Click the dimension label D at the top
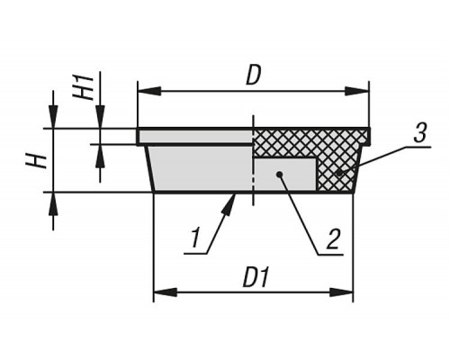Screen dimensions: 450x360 coord(253,76)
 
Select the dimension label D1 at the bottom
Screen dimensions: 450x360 coord(256,278)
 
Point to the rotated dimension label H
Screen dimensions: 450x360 coord(36,161)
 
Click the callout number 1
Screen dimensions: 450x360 coord(196,238)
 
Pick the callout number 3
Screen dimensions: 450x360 coord(419,132)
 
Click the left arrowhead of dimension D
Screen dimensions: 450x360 coord(149,91)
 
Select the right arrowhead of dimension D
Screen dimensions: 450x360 coord(356,91)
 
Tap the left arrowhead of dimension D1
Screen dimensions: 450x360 coord(166,292)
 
